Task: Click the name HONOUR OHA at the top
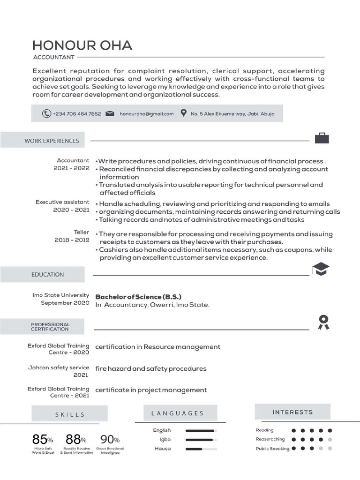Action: (82, 45)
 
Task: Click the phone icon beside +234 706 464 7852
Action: (46, 113)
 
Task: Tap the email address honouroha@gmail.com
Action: (146, 114)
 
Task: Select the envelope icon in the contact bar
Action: (110, 113)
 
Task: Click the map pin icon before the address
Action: (184, 113)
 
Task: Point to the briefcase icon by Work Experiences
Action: (322, 138)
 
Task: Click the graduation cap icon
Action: (321, 269)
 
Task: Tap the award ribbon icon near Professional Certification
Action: (323, 321)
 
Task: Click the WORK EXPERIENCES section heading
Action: (52, 141)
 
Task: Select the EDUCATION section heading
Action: (47, 275)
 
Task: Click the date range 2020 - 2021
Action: (71, 210)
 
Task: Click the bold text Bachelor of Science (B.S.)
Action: (138, 297)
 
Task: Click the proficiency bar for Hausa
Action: (201, 449)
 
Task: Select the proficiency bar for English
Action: (201, 430)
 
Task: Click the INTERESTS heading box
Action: (292, 412)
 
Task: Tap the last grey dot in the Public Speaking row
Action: (330, 449)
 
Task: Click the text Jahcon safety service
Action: (59, 368)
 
